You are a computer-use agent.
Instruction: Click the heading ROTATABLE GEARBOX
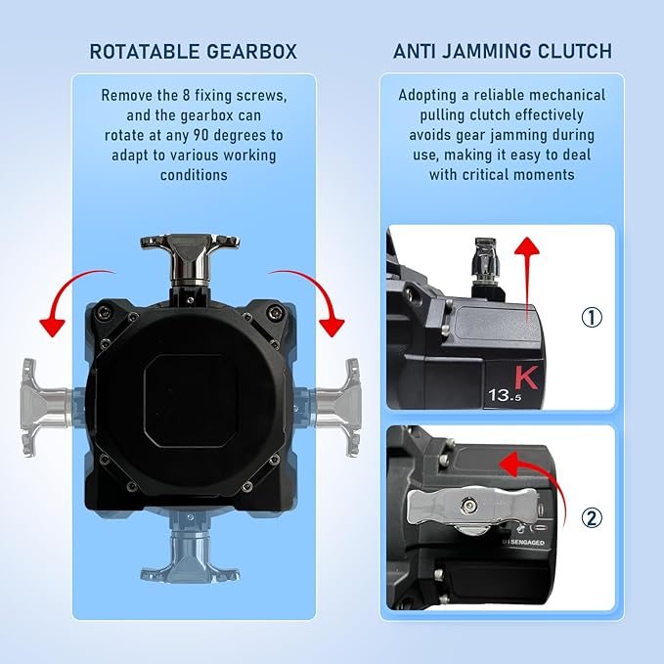pos(194,51)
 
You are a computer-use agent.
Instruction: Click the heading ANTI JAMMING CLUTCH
pos(502,51)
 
